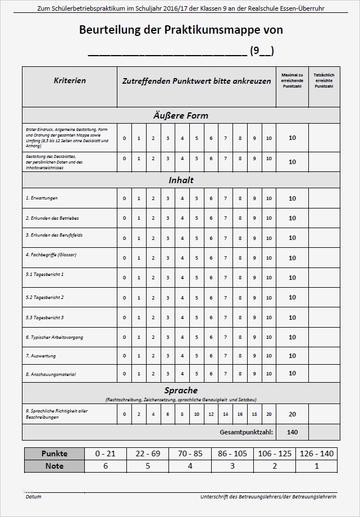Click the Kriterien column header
[70, 80]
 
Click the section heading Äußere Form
[181, 115]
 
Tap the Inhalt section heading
[181, 180]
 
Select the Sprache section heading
[181, 390]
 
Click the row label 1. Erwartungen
[42, 198]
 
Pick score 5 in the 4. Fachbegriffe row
[197, 258]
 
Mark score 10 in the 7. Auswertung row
[268, 357]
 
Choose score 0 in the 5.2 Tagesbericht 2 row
[124, 297]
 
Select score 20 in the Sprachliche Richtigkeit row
[268, 414]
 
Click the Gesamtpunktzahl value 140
[292, 432]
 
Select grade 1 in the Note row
[317, 466]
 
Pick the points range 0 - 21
[105, 453]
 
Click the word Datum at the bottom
[33, 497]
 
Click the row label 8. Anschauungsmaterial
[51, 374]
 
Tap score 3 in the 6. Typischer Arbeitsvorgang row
[167, 337]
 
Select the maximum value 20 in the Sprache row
[292, 414]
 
